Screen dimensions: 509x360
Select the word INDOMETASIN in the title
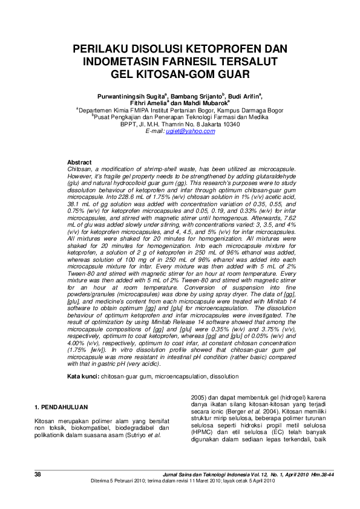pos(125,61)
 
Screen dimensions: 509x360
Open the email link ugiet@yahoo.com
pos(190,131)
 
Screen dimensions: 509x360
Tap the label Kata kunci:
pos(83,376)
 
